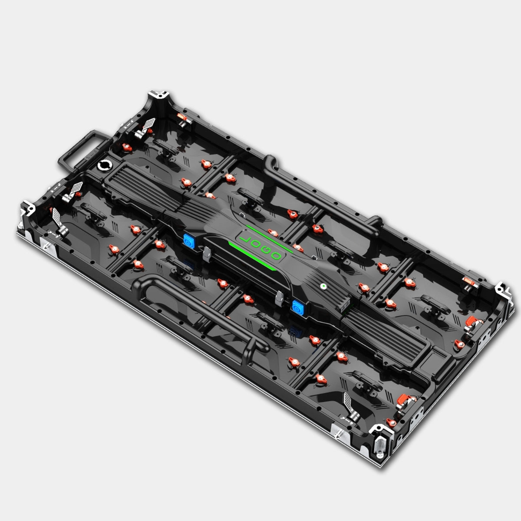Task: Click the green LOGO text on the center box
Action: click(x=260, y=247)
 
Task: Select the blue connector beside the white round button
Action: click(x=298, y=307)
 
